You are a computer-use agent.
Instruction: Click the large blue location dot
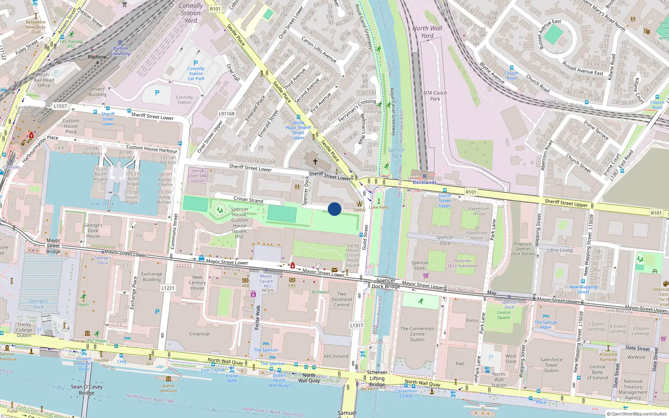tap(334, 209)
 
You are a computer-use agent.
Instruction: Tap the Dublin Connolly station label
tap(120, 51)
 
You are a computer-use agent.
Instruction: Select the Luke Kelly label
tap(379, 207)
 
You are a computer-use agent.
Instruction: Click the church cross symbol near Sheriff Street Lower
tap(315, 161)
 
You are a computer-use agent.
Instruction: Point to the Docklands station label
tap(424, 182)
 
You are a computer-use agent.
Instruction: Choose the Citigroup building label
tap(199, 334)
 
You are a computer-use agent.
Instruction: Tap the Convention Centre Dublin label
tap(417, 334)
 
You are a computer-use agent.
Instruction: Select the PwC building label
tap(460, 364)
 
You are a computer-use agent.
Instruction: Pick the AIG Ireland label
tap(336, 356)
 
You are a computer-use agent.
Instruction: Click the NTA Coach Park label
tap(435, 96)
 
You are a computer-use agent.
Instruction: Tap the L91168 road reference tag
tap(227, 114)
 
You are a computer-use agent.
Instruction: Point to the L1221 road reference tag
tap(168, 288)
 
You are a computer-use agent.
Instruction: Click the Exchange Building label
tap(151, 277)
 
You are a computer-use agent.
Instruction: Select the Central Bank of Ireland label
tap(597, 372)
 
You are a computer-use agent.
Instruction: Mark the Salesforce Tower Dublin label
tap(551, 365)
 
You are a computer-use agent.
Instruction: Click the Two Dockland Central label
tap(342, 299)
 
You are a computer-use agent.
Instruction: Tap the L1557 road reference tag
tap(60, 106)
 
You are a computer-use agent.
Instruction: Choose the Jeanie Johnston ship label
tap(168, 388)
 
